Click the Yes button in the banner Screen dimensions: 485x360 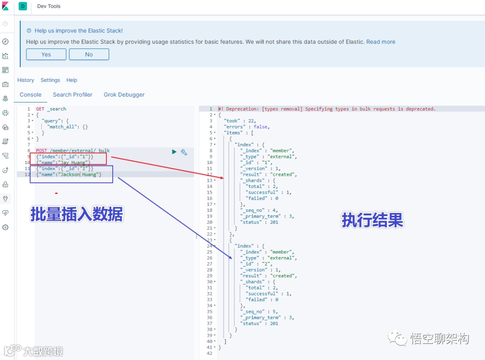(x=46, y=54)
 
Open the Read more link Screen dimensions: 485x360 (x=381, y=42)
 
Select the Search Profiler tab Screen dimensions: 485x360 (x=73, y=95)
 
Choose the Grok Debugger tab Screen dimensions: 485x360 (x=124, y=95)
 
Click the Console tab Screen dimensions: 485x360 (x=31, y=95)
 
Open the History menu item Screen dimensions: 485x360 (x=26, y=80)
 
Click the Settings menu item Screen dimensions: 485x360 (x=50, y=80)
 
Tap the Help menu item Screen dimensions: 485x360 (x=72, y=80)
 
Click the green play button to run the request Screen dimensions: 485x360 (x=174, y=152)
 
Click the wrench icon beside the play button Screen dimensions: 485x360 (x=184, y=152)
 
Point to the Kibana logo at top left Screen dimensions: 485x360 (x=5, y=6)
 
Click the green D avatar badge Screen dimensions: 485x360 (x=23, y=6)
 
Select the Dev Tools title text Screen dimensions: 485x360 (x=49, y=6)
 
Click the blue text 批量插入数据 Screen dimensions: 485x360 (x=77, y=214)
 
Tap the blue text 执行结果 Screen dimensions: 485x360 (x=372, y=220)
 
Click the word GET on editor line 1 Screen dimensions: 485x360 (x=40, y=109)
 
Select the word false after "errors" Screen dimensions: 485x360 (x=261, y=127)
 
